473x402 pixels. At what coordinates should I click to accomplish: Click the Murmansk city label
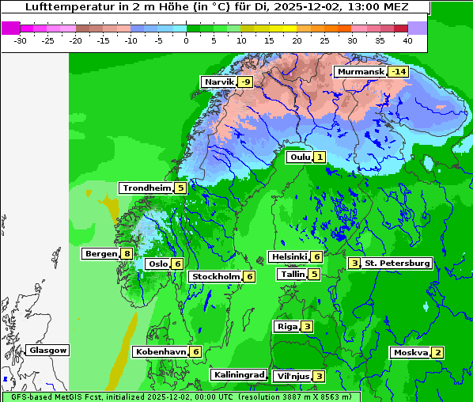pyautogui.click(x=361, y=72)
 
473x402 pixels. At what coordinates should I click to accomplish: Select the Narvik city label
pyautogui.click(x=219, y=82)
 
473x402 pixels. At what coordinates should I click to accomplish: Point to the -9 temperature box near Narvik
pyautogui.click(x=246, y=82)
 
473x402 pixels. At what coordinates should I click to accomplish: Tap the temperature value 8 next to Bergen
pyautogui.click(x=127, y=254)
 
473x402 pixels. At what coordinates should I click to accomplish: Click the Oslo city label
pyautogui.click(x=158, y=264)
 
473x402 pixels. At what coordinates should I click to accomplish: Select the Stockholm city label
pyautogui.click(x=215, y=276)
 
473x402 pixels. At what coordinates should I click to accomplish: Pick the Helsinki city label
pyautogui.click(x=289, y=256)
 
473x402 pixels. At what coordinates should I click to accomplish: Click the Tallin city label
pyautogui.click(x=293, y=275)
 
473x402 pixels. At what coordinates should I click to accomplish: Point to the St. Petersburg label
pyautogui.click(x=396, y=264)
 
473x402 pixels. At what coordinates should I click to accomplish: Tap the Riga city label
pyautogui.click(x=286, y=327)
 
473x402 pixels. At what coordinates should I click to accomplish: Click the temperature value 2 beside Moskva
pyautogui.click(x=437, y=353)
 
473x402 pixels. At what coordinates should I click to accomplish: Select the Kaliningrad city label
pyautogui.click(x=238, y=375)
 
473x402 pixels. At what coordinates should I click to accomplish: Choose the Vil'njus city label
pyautogui.click(x=291, y=377)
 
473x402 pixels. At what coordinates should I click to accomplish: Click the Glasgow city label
pyautogui.click(x=48, y=351)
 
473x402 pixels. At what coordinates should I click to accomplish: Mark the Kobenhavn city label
pyautogui.click(x=161, y=351)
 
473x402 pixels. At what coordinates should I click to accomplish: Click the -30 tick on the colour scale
pyautogui.click(x=21, y=40)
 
